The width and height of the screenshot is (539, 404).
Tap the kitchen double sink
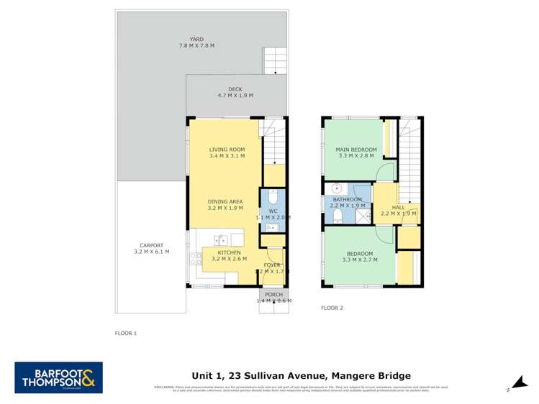point(219,239)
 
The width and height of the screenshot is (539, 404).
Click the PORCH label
point(273,295)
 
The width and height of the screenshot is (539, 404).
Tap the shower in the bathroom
point(363,214)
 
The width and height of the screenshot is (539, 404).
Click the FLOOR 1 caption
point(125,334)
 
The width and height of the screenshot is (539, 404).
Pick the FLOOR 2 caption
point(332,308)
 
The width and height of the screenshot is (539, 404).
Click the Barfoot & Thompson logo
point(59,377)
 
